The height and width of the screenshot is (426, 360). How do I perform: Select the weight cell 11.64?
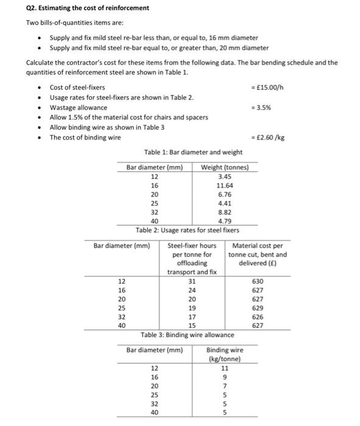click(225, 185)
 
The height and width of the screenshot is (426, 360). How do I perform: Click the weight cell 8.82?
click(225, 212)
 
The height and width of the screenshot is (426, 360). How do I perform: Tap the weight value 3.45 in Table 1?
click(225, 176)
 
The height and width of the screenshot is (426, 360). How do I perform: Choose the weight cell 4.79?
click(225, 222)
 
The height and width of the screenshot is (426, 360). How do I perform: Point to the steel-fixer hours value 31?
click(192, 281)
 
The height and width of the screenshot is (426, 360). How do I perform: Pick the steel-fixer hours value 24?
click(192, 290)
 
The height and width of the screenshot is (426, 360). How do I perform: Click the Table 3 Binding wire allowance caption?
click(187, 335)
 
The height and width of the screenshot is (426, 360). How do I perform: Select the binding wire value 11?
click(225, 368)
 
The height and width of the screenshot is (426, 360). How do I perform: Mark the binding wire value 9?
click(225, 377)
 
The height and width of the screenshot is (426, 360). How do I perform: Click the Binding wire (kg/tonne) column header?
click(225, 354)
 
